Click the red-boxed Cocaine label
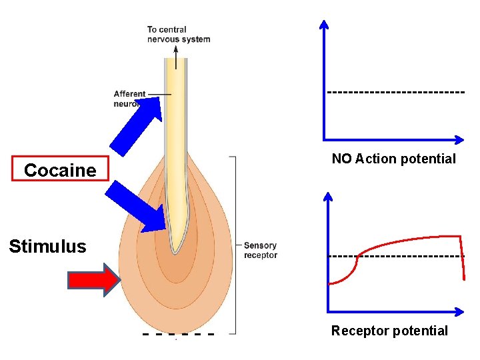point(60,170)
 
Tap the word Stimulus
point(47,247)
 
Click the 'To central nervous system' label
point(178,34)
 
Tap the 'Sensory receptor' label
point(260,250)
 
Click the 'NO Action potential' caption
point(393,159)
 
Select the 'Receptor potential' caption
point(389,331)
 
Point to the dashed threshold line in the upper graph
point(395,91)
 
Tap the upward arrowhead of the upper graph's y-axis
point(324,25)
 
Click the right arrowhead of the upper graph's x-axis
point(459,139)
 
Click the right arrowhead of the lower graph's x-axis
point(460,311)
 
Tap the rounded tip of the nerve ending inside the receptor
point(175,249)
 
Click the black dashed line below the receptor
point(178,333)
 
